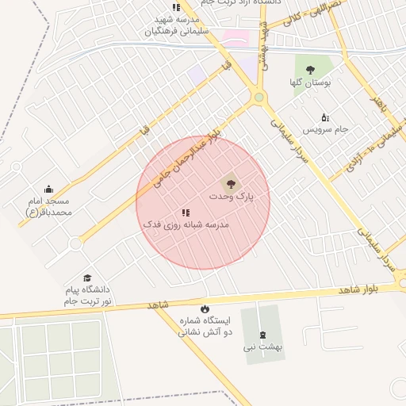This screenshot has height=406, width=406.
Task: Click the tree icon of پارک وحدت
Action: click(x=231, y=182)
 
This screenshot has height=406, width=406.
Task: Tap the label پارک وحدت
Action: click(x=231, y=195)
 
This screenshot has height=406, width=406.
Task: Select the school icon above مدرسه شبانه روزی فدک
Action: click(x=186, y=213)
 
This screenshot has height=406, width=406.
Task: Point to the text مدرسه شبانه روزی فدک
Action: click(x=186, y=225)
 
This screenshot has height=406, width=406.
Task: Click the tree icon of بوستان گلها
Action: click(x=309, y=69)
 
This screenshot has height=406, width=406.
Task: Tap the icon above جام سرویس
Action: click(x=325, y=117)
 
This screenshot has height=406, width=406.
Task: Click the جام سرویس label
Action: click(x=325, y=129)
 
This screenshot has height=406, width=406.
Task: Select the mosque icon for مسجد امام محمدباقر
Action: click(x=49, y=189)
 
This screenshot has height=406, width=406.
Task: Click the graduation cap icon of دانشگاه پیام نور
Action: click(x=87, y=278)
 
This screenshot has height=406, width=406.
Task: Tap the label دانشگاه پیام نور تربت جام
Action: click(x=89, y=296)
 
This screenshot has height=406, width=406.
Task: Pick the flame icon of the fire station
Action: click(x=205, y=308)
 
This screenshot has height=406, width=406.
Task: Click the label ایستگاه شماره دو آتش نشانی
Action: click(x=205, y=327)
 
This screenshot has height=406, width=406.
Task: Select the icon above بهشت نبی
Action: click(x=263, y=334)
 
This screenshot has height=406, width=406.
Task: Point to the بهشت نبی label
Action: click(x=263, y=347)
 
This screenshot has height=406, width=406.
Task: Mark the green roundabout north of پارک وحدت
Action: click(x=259, y=97)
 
